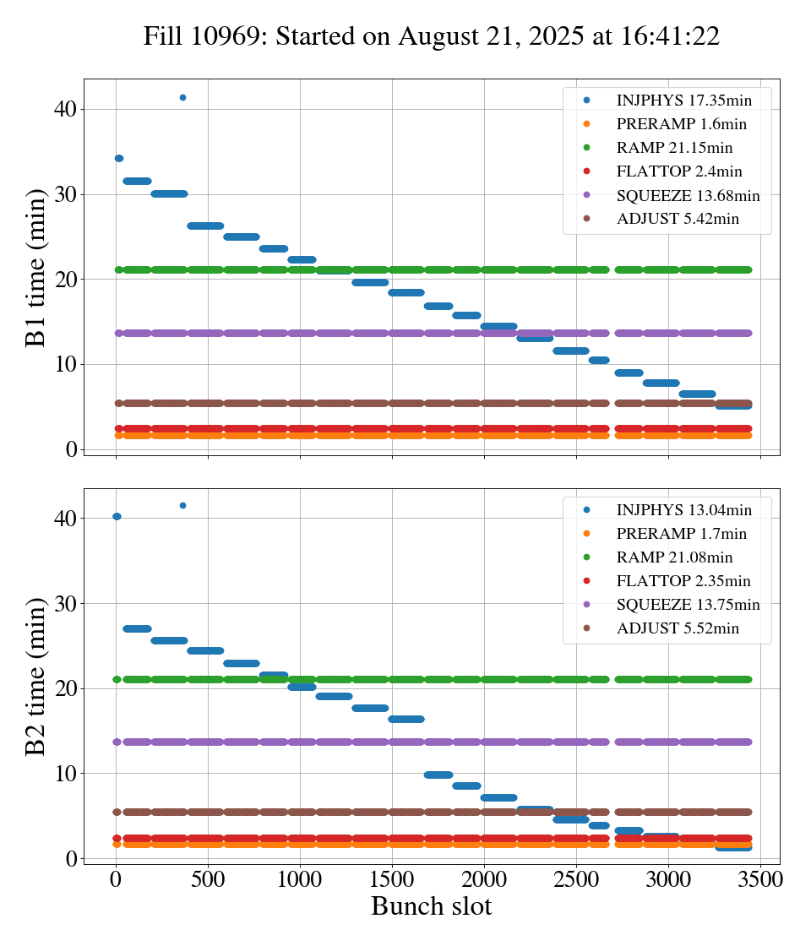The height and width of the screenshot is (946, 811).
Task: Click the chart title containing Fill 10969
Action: pos(431,36)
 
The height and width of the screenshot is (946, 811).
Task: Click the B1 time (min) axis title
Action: pos(36,268)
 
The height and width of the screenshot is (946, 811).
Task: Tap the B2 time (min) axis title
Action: pos(36,677)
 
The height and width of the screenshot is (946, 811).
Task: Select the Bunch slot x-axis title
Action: pos(431,907)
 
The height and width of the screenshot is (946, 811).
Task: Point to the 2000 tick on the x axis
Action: pos(484,879)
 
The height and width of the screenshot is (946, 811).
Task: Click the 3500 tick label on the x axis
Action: pos(760,879)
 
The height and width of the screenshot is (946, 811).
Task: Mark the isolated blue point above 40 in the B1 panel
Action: pos(182,97)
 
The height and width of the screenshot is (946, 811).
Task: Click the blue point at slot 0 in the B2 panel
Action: pos(117,516)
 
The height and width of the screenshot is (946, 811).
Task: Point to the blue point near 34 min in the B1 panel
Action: pos(118,158)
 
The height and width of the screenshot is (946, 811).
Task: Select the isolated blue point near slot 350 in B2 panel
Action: pos(182,505)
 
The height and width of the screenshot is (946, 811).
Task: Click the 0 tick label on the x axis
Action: pos(116,879)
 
